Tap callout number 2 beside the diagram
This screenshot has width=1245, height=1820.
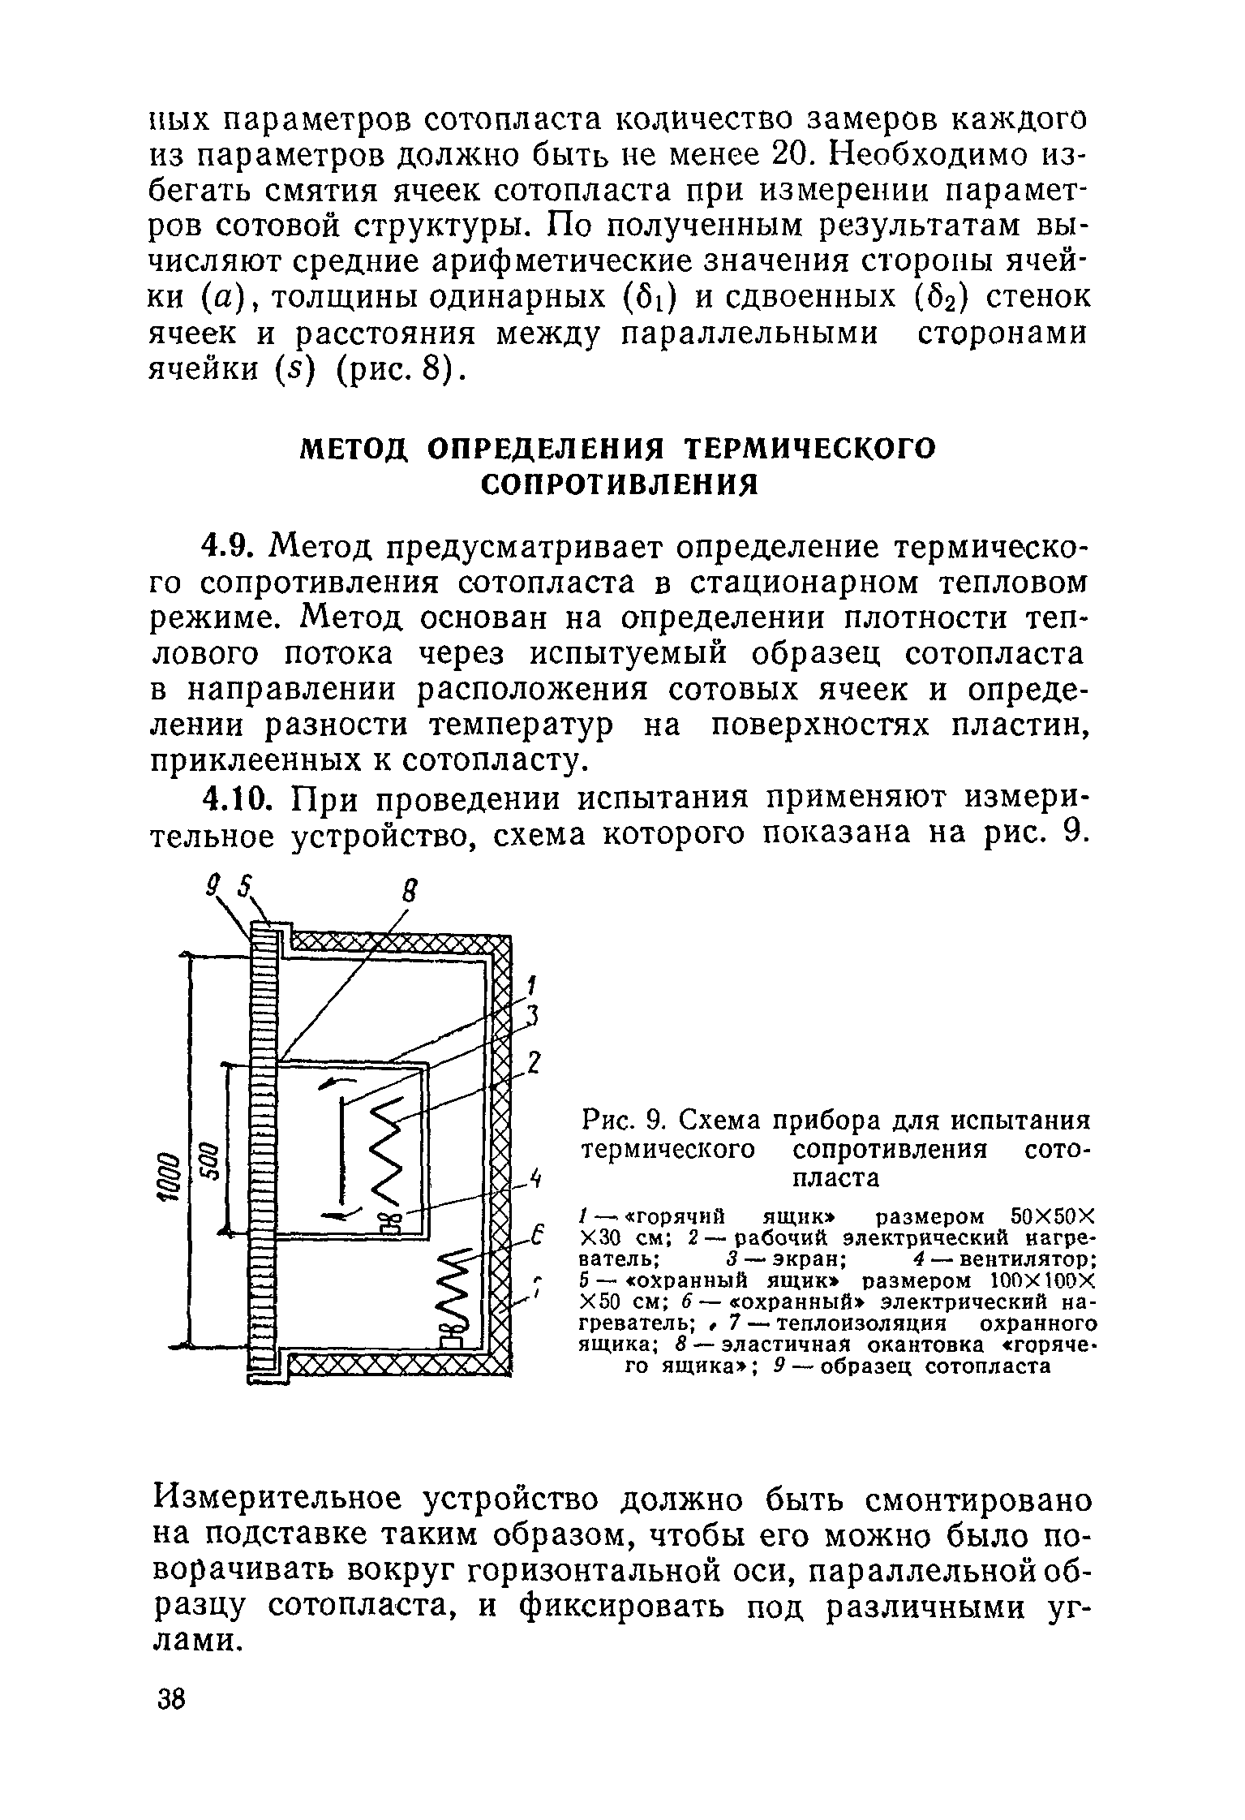point(534,1063)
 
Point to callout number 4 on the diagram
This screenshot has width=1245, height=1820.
point(534,1178)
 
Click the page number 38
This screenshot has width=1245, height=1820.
point(171,1698)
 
